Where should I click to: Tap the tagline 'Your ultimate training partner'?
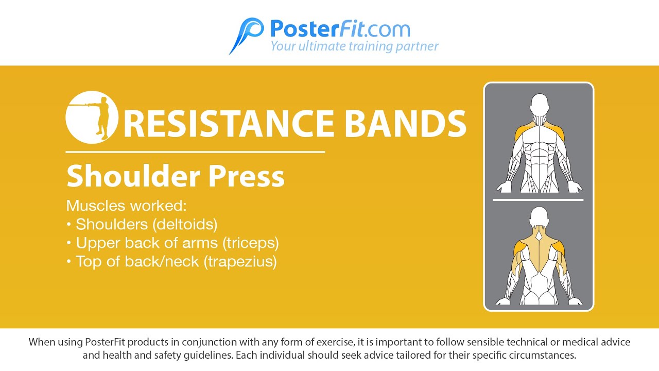354,46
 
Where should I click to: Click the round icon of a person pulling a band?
92,117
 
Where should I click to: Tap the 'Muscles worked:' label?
126,206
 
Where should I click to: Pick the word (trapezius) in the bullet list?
240,261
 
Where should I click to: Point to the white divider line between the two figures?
538,199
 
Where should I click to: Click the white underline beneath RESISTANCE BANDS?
195,152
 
